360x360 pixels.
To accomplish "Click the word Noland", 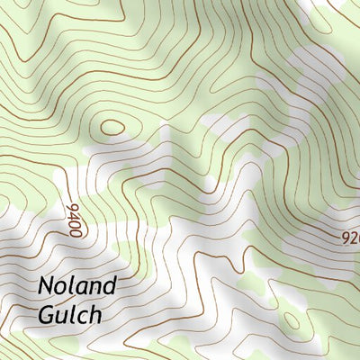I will pos(77,288).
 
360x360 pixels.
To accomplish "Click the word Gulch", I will pos(70,316).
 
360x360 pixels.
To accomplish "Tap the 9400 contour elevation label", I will pos(73,219).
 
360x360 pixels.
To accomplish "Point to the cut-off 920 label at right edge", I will pos(351,239).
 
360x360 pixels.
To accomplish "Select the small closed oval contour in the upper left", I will pos(113,127).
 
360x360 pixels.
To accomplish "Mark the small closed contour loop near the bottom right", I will pos(292,321).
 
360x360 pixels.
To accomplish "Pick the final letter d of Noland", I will pos(110,288).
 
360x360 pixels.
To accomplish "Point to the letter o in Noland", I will pos(63,290).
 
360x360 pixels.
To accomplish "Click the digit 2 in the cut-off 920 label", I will pos(355,239).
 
